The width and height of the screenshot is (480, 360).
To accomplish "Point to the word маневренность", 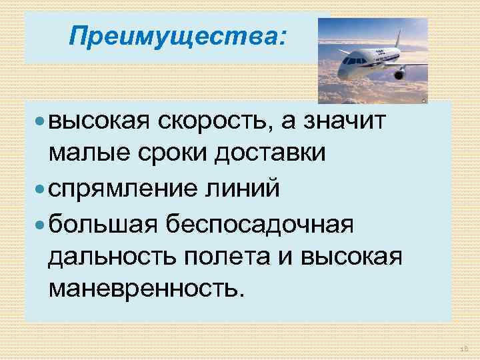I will point(142,289).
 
